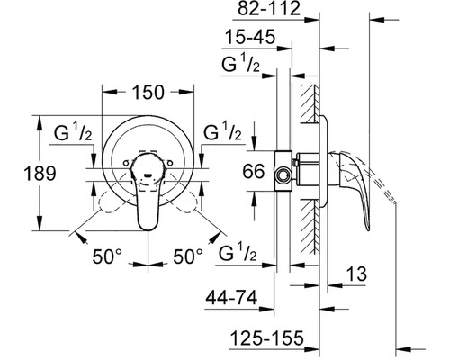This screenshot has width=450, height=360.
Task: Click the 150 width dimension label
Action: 148,92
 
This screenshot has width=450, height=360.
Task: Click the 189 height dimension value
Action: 40,174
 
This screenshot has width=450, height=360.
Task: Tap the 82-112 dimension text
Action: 269,8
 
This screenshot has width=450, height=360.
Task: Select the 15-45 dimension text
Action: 250,37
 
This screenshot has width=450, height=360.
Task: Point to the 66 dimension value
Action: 254,171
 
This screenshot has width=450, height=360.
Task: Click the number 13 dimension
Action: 356,274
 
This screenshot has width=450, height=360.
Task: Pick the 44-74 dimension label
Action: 231,298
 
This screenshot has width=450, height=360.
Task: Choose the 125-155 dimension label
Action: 267,338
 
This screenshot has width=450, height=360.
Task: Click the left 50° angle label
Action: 107,256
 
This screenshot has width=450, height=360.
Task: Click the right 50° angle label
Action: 188,256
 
